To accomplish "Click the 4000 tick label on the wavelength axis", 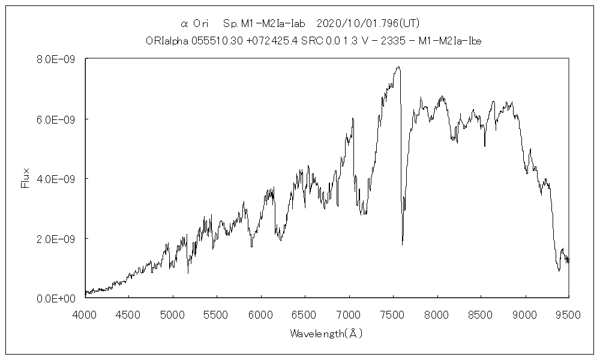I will [x=85, y=313].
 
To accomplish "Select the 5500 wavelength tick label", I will [x=217, y=313].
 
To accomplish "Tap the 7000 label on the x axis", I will [x=349, y=313].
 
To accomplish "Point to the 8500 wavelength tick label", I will [x=481, y=313].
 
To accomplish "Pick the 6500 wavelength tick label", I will [x=305, y=313].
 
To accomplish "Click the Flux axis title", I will [x=25, y=178].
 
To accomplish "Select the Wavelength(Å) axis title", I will [x=326, y=333].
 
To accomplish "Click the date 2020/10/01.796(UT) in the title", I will [x=367, y=24].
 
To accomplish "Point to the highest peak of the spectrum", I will [x=398, y=67].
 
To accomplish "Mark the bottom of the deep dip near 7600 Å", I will [x=402, y=244].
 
